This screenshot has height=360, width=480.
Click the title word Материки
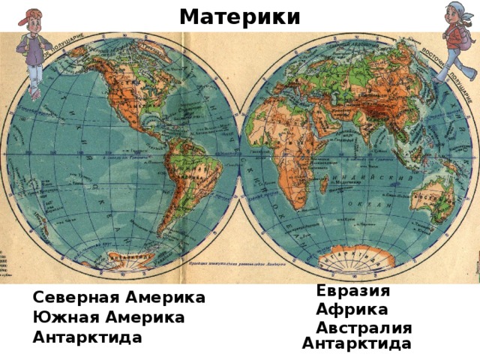240,16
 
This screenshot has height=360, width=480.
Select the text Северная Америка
118,298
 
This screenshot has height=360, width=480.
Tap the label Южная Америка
109,317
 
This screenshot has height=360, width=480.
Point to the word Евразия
352,290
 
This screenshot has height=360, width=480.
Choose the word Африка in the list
352,309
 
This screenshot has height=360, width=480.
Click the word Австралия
364,328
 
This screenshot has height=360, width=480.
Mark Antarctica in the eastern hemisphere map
360,259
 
